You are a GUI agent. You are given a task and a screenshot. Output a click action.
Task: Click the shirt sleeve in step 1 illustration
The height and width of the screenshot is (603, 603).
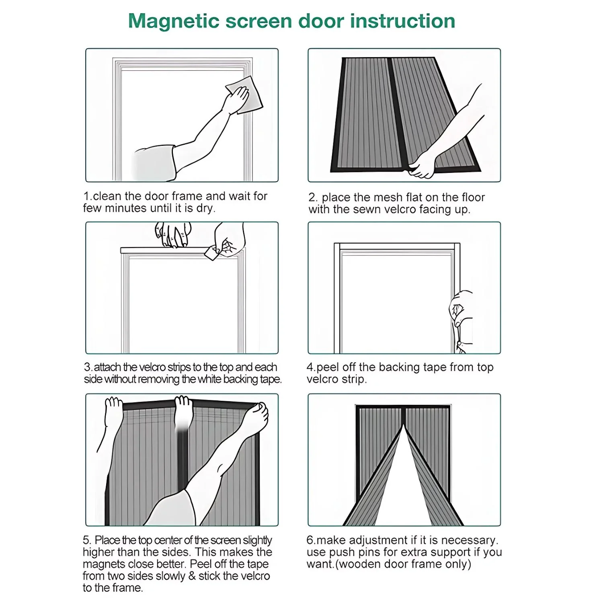tap(155, 164)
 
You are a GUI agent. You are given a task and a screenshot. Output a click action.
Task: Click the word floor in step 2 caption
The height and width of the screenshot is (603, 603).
tap(473, 197)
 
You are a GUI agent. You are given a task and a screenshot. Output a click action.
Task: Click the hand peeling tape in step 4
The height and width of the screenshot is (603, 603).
tap(461, 310)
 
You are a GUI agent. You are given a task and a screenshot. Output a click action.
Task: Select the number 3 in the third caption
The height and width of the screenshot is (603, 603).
tap(87, 367)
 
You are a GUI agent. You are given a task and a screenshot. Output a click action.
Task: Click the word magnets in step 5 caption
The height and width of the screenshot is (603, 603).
tap(103, 564)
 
